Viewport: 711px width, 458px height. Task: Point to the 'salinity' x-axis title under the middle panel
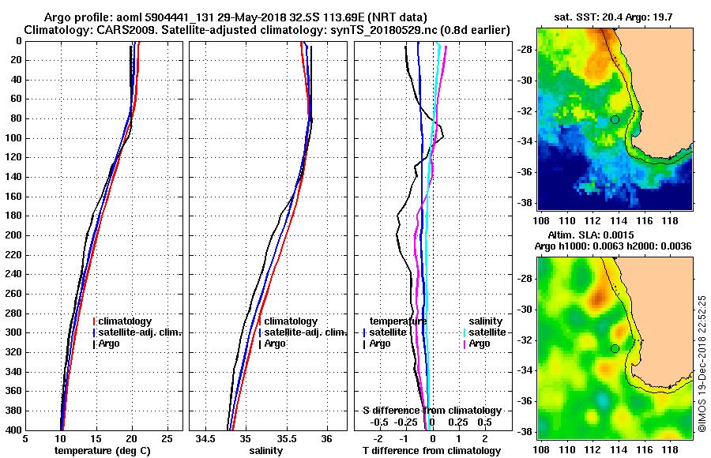click(x=266, y=451)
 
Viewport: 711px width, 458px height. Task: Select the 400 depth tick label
click(x=13, y=430)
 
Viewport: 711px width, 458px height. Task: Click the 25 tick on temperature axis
click(x=167, y=438)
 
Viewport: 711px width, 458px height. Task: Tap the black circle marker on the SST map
click(x=615, y=119)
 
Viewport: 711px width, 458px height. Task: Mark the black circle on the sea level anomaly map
click(x=615, y=348)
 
